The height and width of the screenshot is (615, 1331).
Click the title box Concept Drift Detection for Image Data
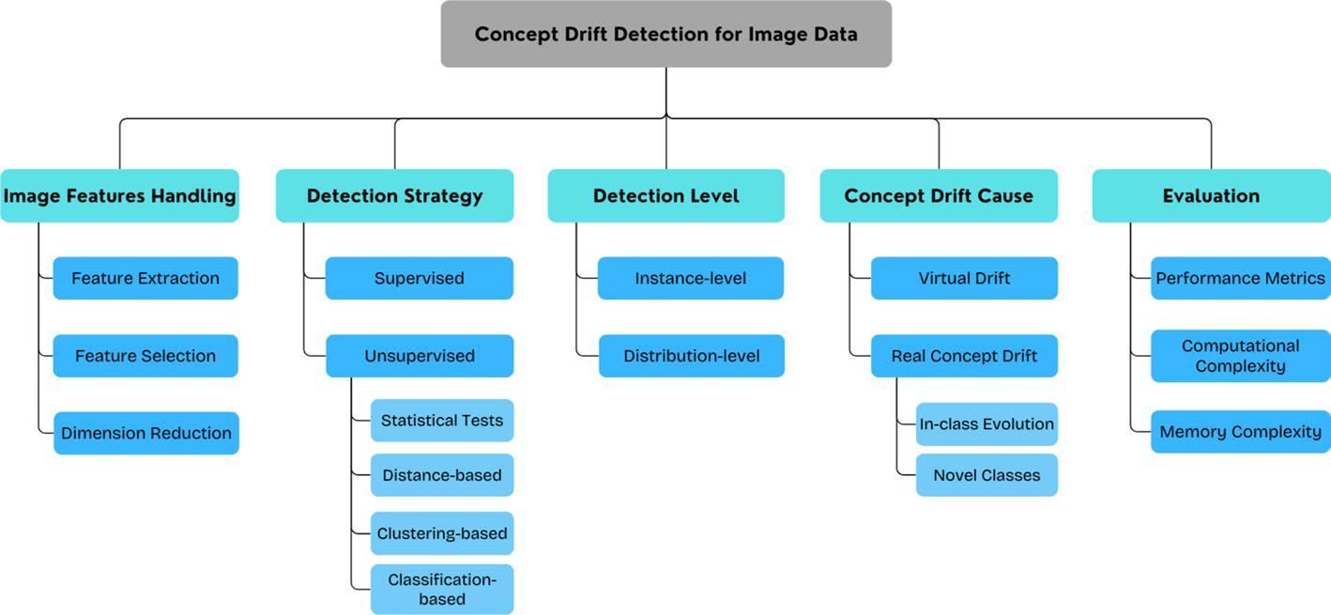click(x=665, y=35)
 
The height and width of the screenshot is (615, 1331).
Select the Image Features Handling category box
click(x=120, y=195)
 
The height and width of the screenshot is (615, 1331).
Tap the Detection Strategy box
click(x=394, y=195)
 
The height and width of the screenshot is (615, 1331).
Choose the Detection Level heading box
click(x=665, y=195)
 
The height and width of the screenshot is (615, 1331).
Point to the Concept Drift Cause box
click(x=939, y=195)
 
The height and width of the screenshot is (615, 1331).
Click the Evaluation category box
click(x=1211, y=195)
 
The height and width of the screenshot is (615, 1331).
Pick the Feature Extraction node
click(x=145, y=278)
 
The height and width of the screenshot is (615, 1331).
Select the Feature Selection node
click(x=145, y=356)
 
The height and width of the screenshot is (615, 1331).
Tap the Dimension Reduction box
click(x=146, y=433)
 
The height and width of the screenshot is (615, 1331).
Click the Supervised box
click(x=420, y=278)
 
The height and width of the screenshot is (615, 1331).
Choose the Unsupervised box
click(x=420, y=356)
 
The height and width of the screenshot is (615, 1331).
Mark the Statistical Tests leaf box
click(x=442, y=420)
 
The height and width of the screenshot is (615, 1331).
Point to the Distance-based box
click(x=442, y=475)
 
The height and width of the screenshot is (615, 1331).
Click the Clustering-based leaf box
click(x=442, y=533)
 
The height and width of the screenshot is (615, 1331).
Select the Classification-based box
click(x=442, y=589)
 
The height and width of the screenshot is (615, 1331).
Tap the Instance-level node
click(x=691, y=278)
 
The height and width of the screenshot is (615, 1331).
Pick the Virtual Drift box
click(x=964, y=278)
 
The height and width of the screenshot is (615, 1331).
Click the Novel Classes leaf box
click(x=987, y=475)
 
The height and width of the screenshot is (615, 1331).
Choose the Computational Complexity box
click(x=1240, y=356)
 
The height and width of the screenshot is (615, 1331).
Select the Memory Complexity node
click(x=1240, y=432)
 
